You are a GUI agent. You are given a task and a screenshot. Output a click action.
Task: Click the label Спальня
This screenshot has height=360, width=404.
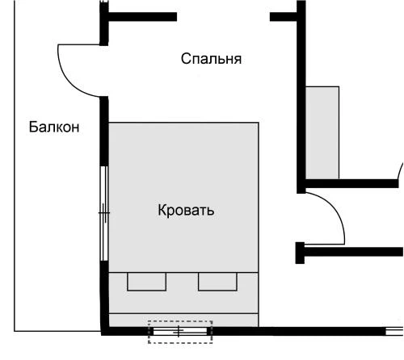click(x=211, y=59)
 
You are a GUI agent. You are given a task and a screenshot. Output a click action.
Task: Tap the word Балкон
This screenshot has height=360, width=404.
click(x=54, y=127)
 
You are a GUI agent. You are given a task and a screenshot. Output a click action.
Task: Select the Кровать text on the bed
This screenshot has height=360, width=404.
click(x=186, y=211)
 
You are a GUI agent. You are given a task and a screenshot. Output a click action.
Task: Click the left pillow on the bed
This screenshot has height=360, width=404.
click(x=147, y=281)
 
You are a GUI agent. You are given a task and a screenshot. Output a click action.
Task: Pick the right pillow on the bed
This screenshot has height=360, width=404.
click(x=217, y=281)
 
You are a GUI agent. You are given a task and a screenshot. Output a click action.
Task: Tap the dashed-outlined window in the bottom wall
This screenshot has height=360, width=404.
click(x=179, y=331)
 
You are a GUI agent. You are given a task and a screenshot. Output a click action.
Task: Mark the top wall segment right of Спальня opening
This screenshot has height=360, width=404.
click(x=284, y=15)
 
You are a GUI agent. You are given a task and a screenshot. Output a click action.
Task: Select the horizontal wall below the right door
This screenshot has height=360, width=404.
click(x=351, y=252)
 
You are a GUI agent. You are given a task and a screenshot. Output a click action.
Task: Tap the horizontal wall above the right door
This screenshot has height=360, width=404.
click(x=351, y=183)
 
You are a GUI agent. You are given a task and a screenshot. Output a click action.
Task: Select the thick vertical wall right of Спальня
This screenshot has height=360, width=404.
click(x=301, y=97)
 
